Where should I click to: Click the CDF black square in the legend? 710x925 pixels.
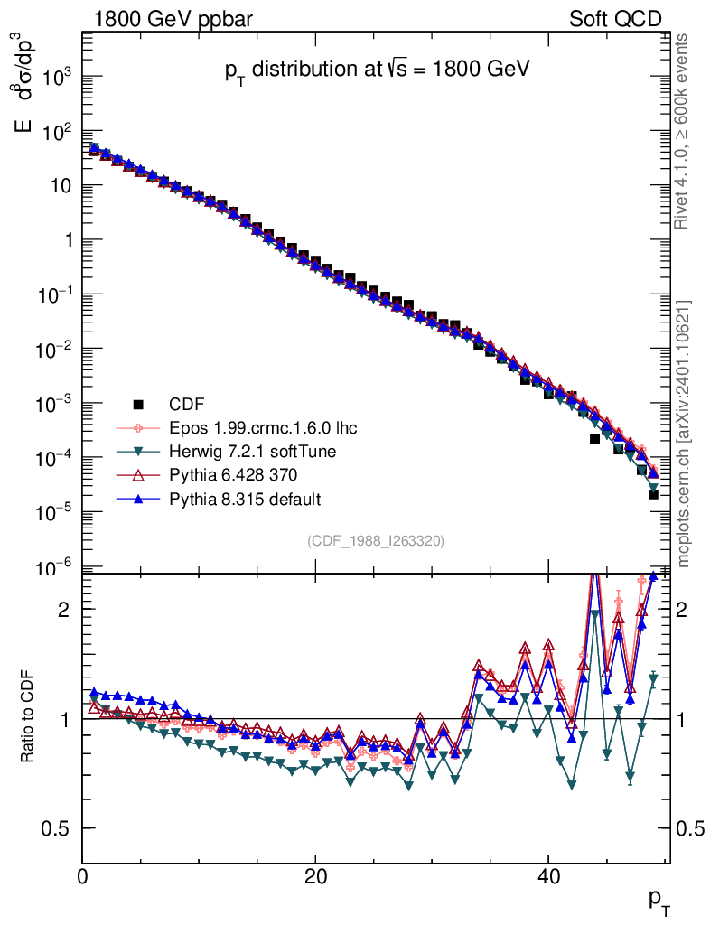[x=138, y=404]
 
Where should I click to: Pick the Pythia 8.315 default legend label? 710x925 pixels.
[x=245, y=499]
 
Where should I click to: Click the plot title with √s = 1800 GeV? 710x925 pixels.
[x=376, y=70]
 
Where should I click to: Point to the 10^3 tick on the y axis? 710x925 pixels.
[x=55, y=78]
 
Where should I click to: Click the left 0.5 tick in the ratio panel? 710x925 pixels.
[x=58, y=828]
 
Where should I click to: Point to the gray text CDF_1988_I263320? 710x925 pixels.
[x=376, y=540]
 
